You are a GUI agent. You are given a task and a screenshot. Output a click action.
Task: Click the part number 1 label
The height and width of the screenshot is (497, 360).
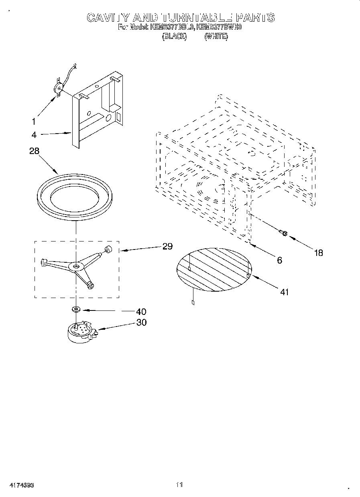pos(34,121)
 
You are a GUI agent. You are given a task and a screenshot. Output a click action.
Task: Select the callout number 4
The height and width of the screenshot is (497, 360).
pos(34,134)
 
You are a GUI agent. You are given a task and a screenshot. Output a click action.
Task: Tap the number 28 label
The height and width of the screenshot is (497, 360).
pos(35,152)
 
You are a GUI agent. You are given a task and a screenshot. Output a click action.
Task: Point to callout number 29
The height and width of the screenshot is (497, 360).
pos(167,246)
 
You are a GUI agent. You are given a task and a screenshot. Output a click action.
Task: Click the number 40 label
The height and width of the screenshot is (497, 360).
pos(141,312)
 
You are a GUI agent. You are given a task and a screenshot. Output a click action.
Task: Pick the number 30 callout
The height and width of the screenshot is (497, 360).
pos(141,322)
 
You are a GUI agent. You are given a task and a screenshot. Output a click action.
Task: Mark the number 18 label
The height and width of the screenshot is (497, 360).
pos(318,253)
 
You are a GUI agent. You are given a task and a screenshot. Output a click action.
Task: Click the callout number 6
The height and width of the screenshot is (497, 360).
pos(280,260)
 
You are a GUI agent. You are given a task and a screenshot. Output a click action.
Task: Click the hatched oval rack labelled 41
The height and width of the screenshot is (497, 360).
pos(214,269)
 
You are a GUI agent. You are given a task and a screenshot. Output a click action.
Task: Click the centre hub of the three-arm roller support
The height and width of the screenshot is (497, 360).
pos(76,266)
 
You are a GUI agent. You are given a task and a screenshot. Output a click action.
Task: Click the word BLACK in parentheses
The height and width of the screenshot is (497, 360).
pos(174,37)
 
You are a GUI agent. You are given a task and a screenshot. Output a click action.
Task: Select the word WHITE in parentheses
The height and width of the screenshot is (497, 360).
pos(216,37)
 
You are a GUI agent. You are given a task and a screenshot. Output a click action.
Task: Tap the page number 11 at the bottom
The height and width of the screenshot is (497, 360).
pos(179,485)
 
